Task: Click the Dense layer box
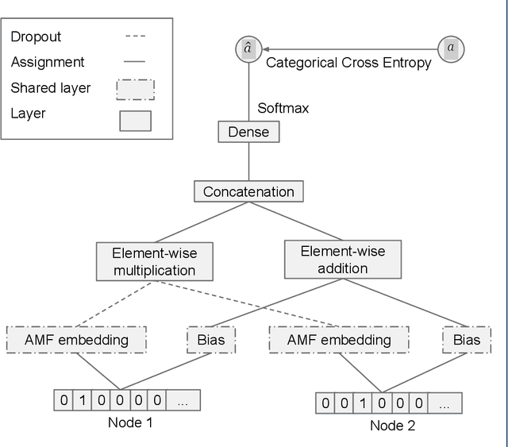248,132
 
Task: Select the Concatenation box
248,191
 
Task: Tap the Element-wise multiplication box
154,262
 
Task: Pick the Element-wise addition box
342,260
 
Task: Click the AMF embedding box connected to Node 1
76,340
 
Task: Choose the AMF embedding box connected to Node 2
339,340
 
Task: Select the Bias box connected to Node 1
210,340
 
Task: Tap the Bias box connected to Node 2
466,340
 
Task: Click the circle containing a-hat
248,48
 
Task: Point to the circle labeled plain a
451,48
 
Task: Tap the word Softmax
283,108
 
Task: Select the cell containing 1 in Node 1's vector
83,400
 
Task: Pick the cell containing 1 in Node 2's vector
362,403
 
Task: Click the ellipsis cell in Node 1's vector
183,400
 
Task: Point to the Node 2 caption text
392,426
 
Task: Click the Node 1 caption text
130,422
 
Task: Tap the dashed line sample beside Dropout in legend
136,37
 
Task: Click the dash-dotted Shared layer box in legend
135,87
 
